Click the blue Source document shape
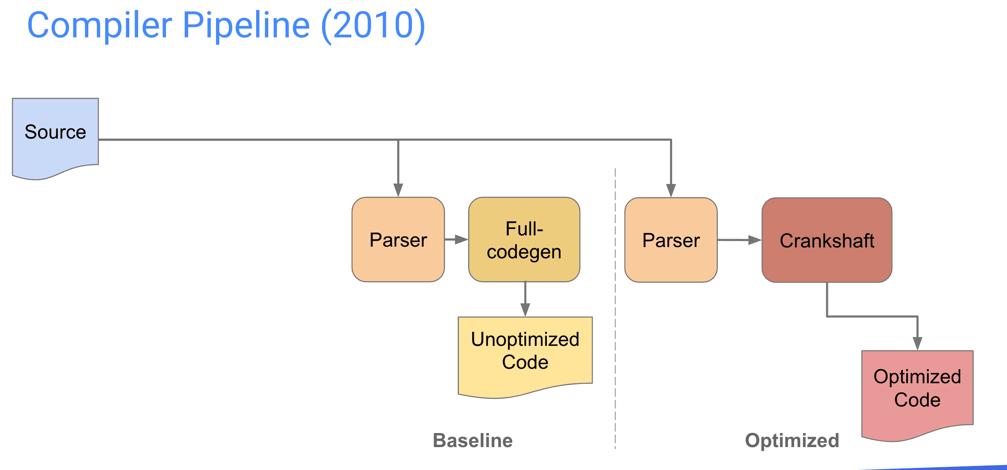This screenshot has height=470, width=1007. click(x=55, y=137)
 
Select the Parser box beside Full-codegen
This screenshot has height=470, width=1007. click(x=398, y=239)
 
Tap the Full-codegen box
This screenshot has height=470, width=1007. click(x=524, y=239)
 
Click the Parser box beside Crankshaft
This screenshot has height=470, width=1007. click(x=671, y=240)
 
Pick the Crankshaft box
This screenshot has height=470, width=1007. click(x=827, y=240)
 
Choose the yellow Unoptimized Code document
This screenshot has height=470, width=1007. click(x=525, y=356)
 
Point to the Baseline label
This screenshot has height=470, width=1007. click(x=473, y=441)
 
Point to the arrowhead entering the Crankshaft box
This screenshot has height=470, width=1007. click(x=755, y=240)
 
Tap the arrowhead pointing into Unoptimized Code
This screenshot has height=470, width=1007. click(x=525, y=310)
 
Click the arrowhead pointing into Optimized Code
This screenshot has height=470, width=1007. click(x=917, y=344)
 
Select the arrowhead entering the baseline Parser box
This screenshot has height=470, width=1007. click(x=398, y=190)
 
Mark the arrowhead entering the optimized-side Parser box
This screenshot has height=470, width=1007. click(x=671, y=191)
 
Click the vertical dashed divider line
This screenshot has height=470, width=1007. click(x=615, y=309)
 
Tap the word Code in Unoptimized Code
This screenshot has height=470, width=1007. click(x=525, y=362)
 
